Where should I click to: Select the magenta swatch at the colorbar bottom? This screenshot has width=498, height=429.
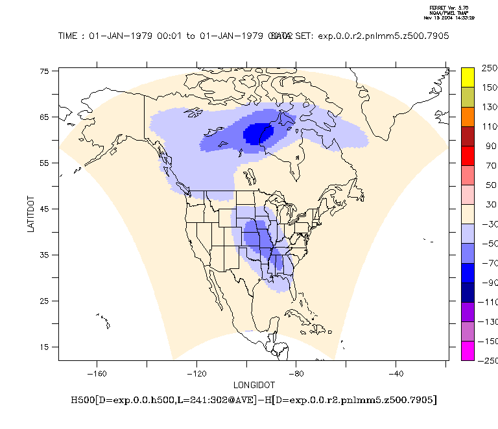click(x=468, y=351)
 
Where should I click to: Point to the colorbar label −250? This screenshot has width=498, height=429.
click(x=487, y=360)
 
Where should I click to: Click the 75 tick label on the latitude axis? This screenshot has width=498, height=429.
click(x=46, y=71)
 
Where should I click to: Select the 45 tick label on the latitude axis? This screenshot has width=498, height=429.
click(x=46, y=209)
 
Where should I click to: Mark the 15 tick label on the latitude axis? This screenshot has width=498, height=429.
click(x=46, y=347)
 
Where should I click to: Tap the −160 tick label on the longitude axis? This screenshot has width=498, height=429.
click(x=97, y=374)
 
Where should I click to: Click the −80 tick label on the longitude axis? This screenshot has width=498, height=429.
click(x=296, y=374)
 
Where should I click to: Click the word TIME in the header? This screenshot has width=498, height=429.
click(x=69, y=36)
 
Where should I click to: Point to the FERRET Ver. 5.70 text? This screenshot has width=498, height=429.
click(x=443, y=8)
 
